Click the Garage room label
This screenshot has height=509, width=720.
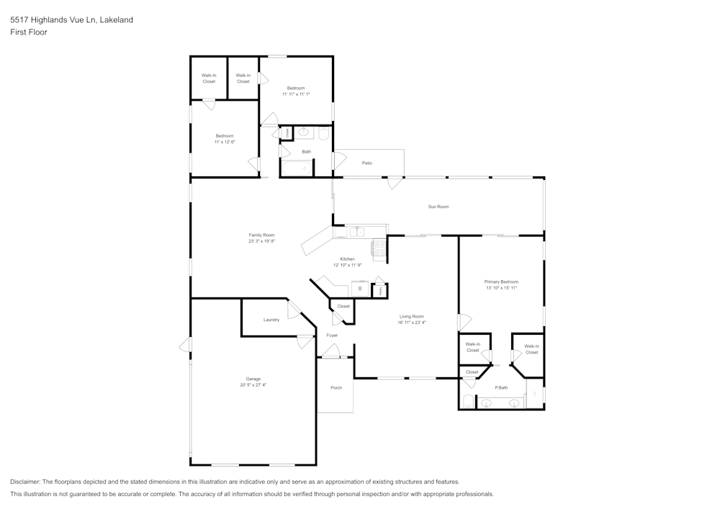point(253,379)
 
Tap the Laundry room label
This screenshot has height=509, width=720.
point(271,320)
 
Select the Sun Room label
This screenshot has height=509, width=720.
point(438,207)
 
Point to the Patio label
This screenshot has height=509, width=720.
point(367,163)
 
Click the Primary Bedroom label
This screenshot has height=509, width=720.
point(501,281)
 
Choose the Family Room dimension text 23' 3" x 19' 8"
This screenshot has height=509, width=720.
point(261,241)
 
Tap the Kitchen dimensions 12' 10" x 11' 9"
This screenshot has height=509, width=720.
point(347,265)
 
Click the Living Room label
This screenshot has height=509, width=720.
point(412,316)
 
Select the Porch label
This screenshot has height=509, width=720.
point(336,388)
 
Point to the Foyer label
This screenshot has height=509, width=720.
point(332,335)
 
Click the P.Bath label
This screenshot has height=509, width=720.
point(502,388)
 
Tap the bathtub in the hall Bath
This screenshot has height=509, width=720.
point(296,169)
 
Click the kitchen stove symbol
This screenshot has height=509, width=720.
point(379,248)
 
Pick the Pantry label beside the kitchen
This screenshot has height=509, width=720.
point(380,290)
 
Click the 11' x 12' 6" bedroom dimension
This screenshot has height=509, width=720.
point(225,142)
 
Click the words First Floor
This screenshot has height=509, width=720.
point(29,32)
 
